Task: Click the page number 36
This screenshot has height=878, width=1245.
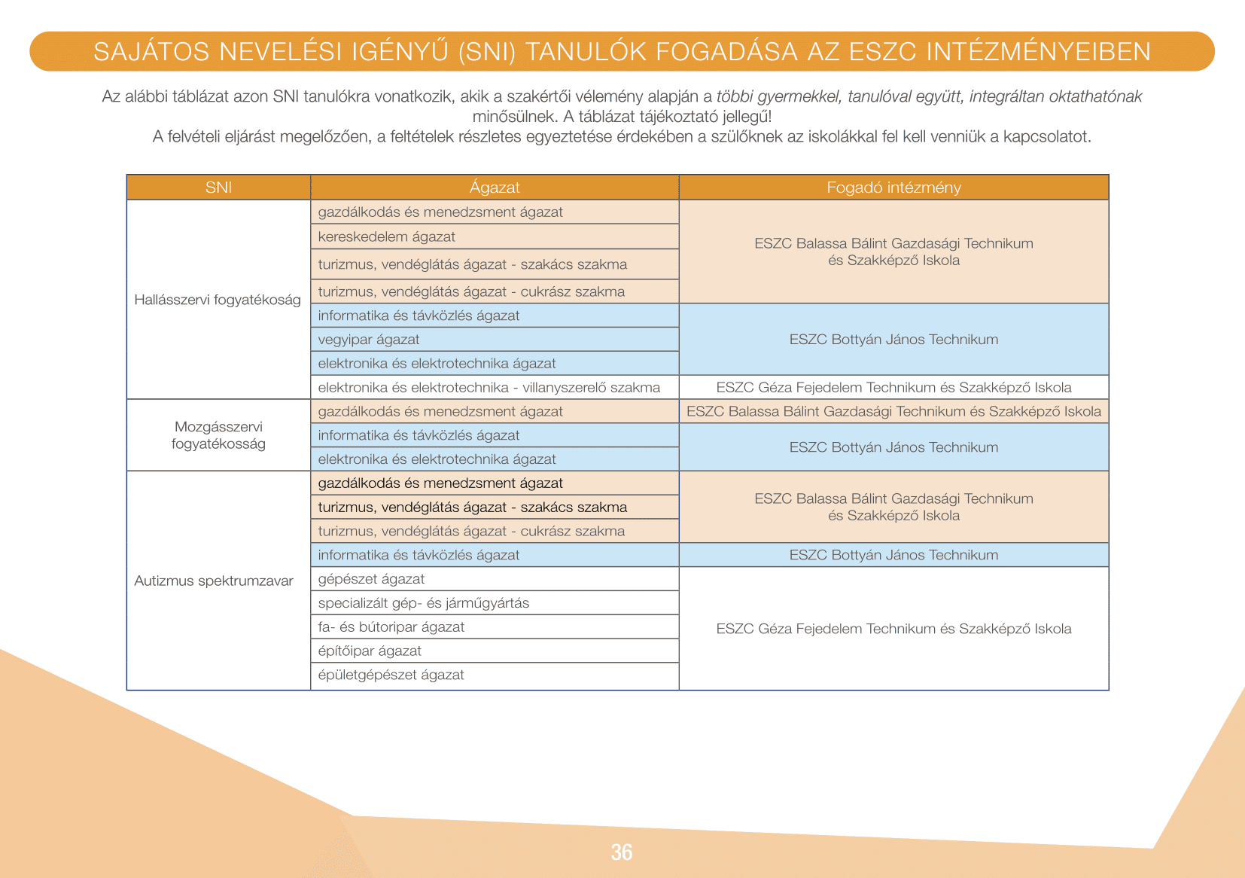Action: click(622, 852)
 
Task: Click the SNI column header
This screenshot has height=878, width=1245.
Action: click(218, 187)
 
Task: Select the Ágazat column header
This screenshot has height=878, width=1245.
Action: click(495, 187)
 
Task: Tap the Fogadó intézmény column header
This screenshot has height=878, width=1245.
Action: click(893, 187)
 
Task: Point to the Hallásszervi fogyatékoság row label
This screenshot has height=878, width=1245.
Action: click(218, 300)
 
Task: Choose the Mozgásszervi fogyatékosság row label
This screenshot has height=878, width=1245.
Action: click(218, 435)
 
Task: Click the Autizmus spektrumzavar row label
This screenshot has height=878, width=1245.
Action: click(214, 581)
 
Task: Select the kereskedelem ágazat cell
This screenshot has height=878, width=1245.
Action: click(387, 236)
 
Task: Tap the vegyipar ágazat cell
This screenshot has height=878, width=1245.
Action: click(369, 340)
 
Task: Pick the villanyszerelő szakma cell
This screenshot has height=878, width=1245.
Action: click(489, 387)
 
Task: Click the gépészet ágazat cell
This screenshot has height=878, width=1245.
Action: click(371, 579)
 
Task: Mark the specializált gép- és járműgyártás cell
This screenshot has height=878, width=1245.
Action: click(424, 603)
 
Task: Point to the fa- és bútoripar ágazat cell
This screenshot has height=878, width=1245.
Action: click(391, 627)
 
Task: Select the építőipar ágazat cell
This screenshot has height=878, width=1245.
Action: click(370, 651)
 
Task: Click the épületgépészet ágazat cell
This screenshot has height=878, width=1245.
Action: click(391, 675)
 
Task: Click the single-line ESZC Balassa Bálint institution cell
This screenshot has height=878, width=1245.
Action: click(893, 411)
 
